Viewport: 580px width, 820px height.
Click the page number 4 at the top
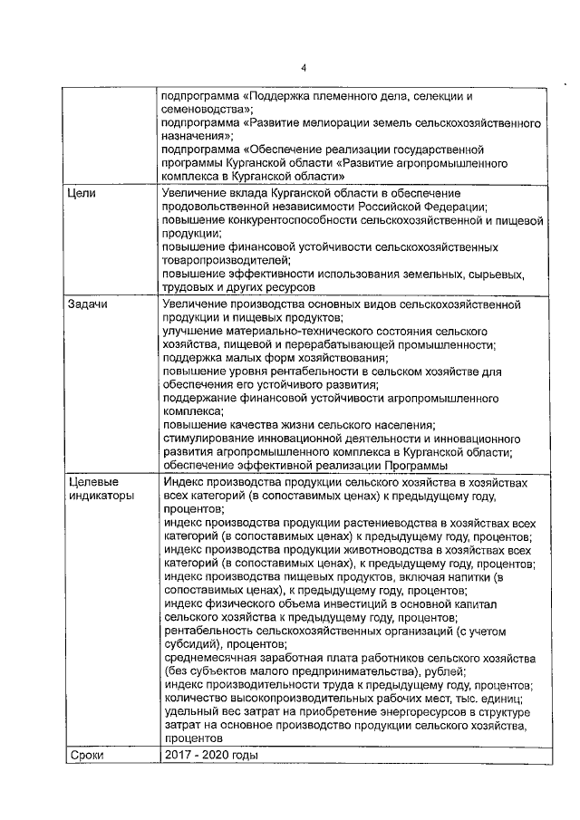[x=304, y=68]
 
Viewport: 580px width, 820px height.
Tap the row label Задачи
[x=89, y=304]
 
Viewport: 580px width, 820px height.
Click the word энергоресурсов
[x=388, y=711]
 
